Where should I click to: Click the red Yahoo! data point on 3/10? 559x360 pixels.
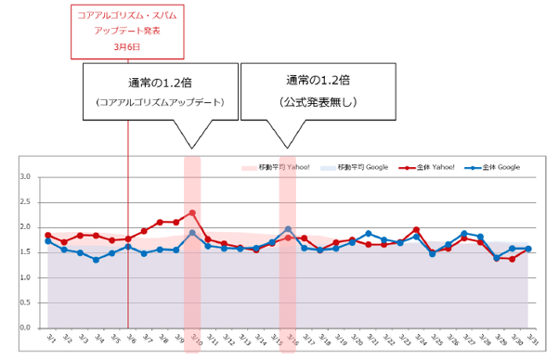pos(192,212)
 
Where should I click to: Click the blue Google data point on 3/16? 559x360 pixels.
pos(288,228)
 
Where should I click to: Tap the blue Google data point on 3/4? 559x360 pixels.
pos(96,260)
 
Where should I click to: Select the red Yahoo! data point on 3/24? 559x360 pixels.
pos(416,229)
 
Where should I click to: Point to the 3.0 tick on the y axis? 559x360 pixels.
pos(25,176)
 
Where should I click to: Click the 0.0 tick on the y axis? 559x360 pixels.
pos(25,328)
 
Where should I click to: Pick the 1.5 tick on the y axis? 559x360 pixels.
pos(25,252)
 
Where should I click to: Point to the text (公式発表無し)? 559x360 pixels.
pos(318,100)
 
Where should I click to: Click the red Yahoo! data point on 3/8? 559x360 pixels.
pos(160,222)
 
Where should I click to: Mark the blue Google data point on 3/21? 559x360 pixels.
pos(368,234)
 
